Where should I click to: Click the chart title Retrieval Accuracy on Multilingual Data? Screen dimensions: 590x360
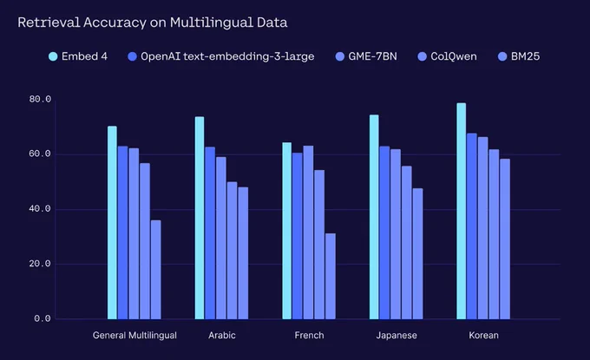(153, 23)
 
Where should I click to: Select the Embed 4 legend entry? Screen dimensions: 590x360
(78, 56)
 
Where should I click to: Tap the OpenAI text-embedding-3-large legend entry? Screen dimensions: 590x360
(221, 56)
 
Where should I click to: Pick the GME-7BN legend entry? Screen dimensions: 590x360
(366, 56)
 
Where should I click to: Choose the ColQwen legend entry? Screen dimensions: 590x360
(448, 56)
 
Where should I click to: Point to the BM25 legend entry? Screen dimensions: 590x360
(519, 56)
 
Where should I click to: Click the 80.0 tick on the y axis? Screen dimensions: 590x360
(40, 99)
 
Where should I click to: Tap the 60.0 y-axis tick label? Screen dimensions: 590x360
(40, 154)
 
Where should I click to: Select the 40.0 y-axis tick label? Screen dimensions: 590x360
(40, 209)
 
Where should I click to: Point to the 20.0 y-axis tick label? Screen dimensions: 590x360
(40, 264)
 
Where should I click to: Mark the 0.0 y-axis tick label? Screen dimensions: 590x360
(43, 318)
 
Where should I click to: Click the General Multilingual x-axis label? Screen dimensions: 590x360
(134, 336)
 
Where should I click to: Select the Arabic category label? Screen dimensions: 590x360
(222, 335)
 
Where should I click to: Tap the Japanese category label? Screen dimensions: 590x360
(397, 336)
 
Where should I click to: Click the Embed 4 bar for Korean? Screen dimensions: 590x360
(462, 211)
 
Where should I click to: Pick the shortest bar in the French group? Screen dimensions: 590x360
(331, 276)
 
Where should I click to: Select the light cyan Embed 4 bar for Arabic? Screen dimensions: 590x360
(200, 218)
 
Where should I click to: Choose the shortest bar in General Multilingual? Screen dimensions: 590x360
(156, 270)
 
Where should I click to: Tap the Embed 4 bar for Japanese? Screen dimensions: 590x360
(374, 217)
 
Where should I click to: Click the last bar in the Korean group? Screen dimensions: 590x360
(505, 239)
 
